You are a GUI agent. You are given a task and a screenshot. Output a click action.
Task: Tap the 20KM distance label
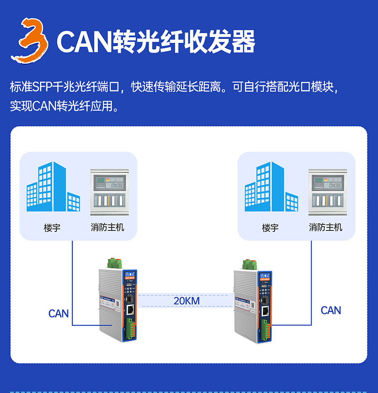point(187,301)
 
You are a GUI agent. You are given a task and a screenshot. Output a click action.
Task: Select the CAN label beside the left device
point(58,314)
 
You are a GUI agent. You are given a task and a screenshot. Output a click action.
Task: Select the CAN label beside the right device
point(331,310)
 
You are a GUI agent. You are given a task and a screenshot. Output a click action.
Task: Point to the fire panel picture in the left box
point(108,192)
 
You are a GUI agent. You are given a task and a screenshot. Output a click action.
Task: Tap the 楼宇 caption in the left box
point(52,228)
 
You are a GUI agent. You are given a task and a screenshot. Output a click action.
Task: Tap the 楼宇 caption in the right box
point(270,228)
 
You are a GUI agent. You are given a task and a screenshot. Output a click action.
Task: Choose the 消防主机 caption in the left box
point(108,228)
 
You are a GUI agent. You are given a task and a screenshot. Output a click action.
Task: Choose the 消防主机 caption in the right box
point(325,228)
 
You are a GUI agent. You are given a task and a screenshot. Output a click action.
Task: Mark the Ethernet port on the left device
point(131,311)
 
